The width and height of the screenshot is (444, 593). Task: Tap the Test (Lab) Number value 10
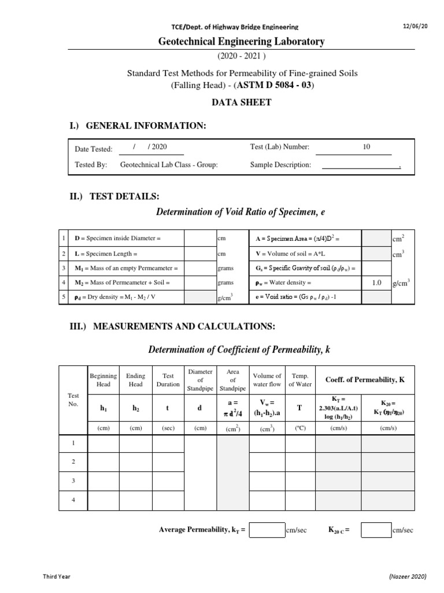click(x=367, y=148)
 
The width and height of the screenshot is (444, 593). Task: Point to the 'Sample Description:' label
click(x=280, y=165)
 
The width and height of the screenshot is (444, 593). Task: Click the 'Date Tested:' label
click(x=94, y=149)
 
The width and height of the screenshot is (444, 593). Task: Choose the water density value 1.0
click(x=376, y=283)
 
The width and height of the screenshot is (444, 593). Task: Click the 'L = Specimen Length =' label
click(x=106, y=254)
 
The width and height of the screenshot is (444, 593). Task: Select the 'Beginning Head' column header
click(x=103, y=380)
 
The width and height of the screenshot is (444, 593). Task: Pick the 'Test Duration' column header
click(x=168, y=380)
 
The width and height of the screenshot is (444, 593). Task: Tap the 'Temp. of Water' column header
click(x=300, y=380)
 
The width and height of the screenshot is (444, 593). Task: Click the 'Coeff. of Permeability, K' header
click(x=364, y=379)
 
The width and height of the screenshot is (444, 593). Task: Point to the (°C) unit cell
click(x=300, y=428)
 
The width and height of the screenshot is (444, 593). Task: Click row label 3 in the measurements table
click(x=73, y=481)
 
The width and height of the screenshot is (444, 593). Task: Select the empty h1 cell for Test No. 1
click(x=103, y=444)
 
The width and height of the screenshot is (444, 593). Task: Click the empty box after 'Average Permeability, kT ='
click(x=267, y=530)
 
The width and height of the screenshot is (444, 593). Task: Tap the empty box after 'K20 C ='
click(x=376, y=530)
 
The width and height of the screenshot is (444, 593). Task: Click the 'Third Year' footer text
click(x=57, y=577)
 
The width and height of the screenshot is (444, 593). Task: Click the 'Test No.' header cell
click(x=73, y=400)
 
